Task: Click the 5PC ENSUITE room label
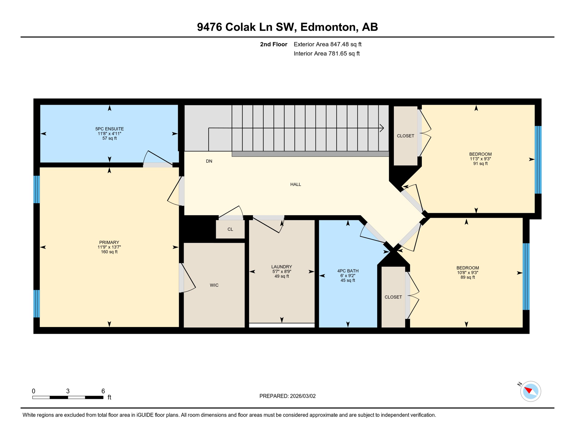tap(109, 129)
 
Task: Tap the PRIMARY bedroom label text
tap(109, 243)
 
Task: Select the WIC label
tap(214, 285)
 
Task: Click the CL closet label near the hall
tap(230, 230)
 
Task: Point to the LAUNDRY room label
tap(281, 267)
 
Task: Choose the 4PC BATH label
tap(348, 271)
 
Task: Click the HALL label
tap(296, 184)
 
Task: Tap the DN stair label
tap(209, 161)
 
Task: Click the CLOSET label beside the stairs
tap(405, 136)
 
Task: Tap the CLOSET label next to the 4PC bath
tap(393, 297)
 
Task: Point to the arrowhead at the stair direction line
tap(382, 128)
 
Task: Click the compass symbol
tap(530, 391)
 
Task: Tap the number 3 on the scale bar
tap(68, 391)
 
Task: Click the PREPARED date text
tap(287, 396)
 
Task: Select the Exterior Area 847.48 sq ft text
tap(327, 45)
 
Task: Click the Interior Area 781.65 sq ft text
tap(327, 54)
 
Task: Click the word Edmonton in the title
tap(327, 27)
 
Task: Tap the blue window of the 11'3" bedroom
tap(538, 160)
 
